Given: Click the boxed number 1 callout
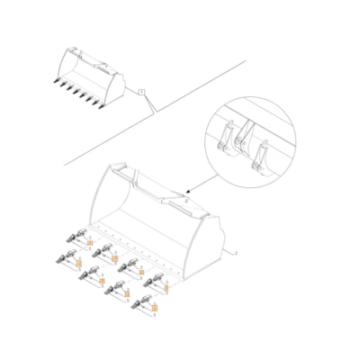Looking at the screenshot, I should [142, 92].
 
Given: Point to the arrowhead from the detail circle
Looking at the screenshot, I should [186, 192].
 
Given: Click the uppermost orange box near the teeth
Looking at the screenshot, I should [90, 243].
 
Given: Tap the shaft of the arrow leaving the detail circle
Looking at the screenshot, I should [200, 184].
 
